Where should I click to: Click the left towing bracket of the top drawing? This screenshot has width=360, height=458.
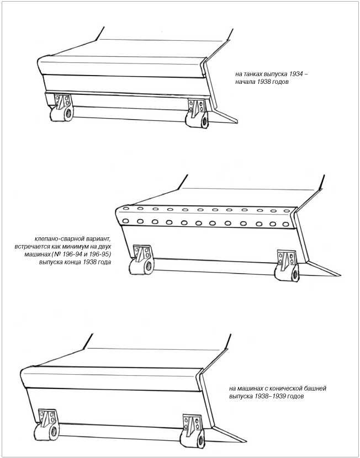61,107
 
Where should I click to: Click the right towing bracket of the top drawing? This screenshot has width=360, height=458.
198,114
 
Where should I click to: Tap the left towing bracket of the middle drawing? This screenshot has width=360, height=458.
142,260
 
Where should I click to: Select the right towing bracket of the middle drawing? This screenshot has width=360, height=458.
287,266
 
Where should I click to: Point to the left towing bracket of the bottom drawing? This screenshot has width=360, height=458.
46,424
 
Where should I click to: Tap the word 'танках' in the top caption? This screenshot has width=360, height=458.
252,75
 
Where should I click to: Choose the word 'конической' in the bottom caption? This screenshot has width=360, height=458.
289,389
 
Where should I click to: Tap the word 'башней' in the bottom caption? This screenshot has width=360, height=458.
316,389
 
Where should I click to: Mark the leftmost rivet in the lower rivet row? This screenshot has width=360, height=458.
126,221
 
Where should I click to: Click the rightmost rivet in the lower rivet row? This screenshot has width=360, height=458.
286,225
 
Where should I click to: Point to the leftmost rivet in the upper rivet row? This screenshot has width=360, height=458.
126,208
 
